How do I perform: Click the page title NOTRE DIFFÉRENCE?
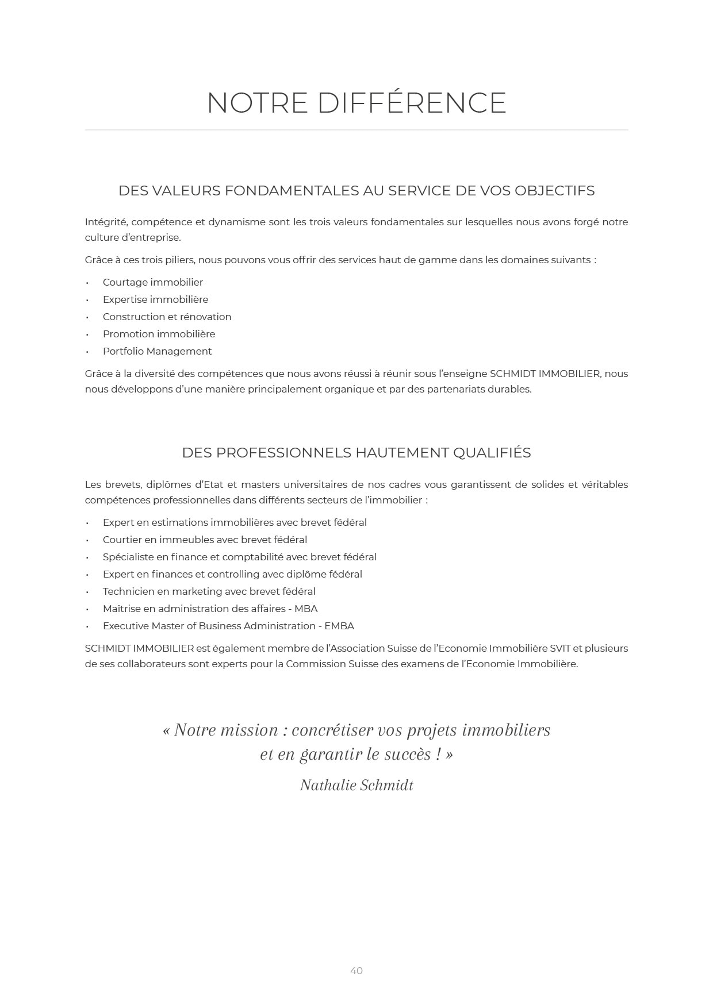click(x=356, y=103)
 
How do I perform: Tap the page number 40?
click(x=356, y=971)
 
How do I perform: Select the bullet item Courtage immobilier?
click(x=152, y=282)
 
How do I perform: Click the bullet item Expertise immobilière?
click(x=155, y=299)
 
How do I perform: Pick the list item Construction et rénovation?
click(x=167, y=317)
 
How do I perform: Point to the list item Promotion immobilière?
click(x=159, y=334)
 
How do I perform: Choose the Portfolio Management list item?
click(x=157, y=351)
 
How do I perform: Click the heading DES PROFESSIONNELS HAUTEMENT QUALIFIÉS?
click(x=356, y=453)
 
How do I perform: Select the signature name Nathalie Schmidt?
click(x=356, y=786)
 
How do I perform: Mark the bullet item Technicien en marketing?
click(x=209, y=591)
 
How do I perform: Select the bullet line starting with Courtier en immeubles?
click(x=205, y=540)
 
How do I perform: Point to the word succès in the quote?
click(x=399, y=755)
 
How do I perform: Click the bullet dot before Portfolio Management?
click(x=87, y=352)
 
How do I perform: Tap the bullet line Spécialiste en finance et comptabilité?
click(x=239, y=557)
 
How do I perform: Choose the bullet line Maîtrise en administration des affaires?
click(x=210, y=609)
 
